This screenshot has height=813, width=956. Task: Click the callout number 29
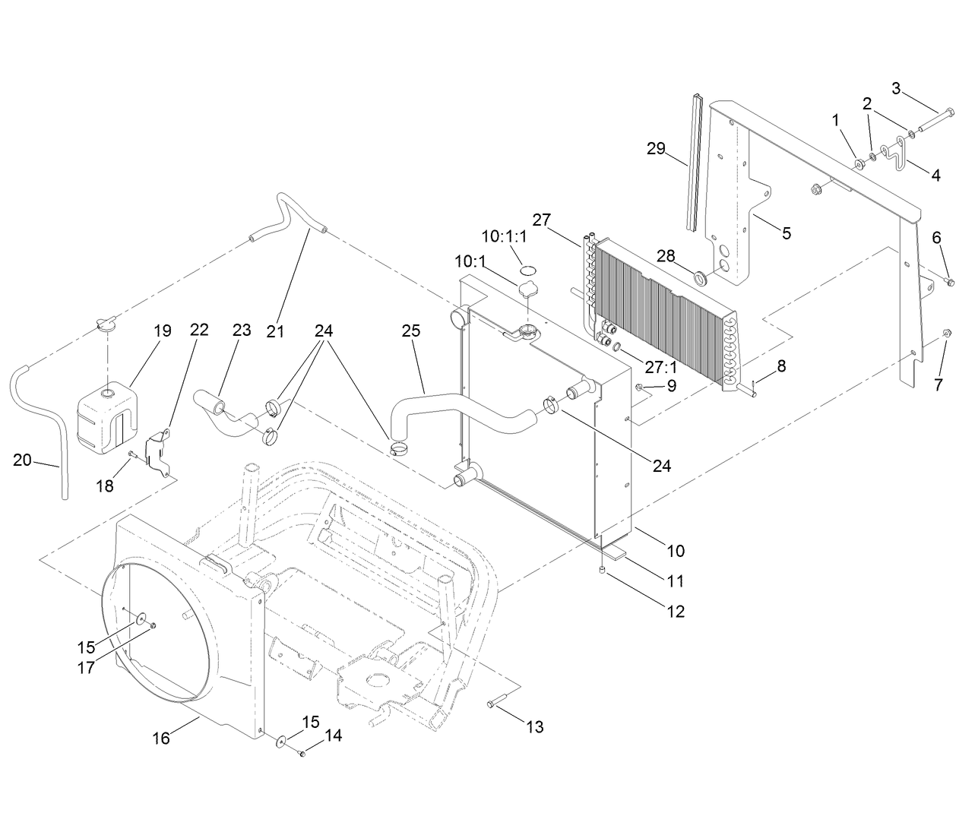click(x=656, y=149)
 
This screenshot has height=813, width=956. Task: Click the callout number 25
click(x=411, y=331)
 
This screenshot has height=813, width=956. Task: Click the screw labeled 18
click(x=132, y=454)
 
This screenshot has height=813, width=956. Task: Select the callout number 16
click(x=161, y=737)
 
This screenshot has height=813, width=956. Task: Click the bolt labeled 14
click(x=302, y=754)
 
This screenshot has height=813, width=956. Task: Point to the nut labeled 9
click(x=640, y=388)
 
